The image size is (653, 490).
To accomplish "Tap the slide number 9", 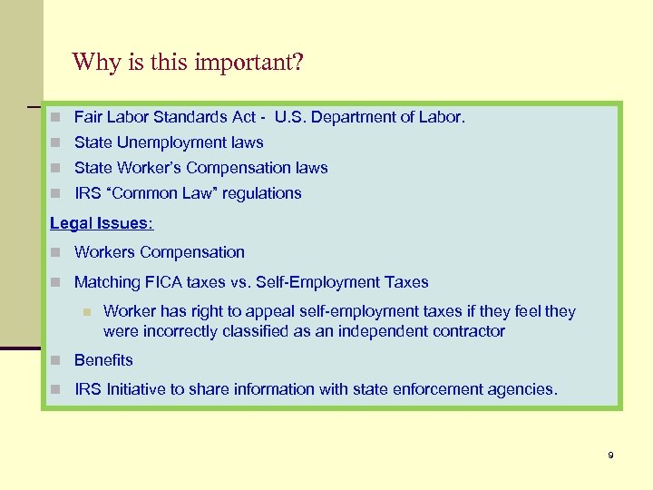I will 610,455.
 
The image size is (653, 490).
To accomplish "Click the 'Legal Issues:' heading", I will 102,223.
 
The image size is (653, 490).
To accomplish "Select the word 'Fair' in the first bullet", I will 88,117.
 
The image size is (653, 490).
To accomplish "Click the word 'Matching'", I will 104,282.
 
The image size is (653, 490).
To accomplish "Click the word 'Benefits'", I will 103,360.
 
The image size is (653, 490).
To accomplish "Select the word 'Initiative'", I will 141,389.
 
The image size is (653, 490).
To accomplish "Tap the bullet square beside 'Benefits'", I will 56,361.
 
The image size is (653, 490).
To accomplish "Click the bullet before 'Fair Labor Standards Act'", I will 56,118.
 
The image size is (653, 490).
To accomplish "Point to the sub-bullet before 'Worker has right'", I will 86,312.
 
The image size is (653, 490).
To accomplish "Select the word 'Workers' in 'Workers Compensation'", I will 102,252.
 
